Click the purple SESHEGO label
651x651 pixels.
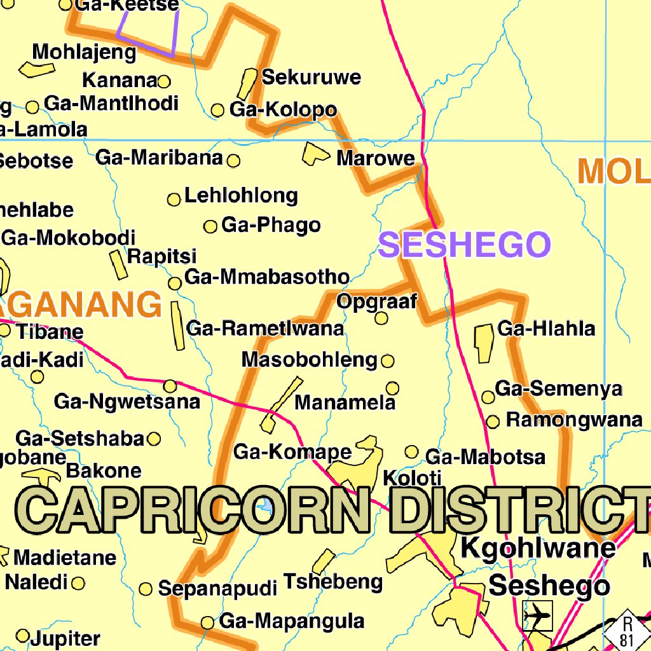click(464, 245)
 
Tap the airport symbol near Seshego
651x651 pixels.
click(538, 615)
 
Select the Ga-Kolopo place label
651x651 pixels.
click(283, 109)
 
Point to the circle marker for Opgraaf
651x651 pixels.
click(381, 318)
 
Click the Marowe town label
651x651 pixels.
click(375, 158)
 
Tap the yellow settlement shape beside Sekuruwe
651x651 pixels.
click(247, 83)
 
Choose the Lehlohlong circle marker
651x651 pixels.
click(174, 200)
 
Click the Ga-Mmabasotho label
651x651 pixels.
click(266, 277)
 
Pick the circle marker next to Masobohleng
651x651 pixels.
click(387, 362)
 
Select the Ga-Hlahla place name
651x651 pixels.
click(546, 329)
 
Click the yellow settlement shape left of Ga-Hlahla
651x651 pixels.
click(484, 343)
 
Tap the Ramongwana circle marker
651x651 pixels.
click(493, 421)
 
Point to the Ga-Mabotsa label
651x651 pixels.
click(485, 457)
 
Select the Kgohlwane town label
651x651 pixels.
click(538, 547)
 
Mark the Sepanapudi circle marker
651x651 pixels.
click(146, 589)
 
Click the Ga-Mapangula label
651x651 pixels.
click(292, 620)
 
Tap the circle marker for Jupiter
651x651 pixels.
click(23, 635)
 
